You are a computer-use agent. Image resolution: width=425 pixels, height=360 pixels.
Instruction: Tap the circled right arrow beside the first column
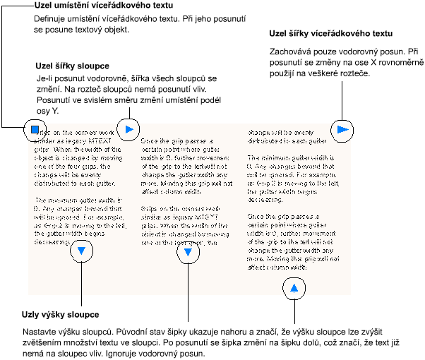click(x=128, y=129)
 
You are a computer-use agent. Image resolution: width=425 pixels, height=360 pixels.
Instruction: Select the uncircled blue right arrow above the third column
click(x=342, y=129)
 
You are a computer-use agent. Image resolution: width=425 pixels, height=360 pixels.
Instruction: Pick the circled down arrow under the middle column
click(x=188, y=252)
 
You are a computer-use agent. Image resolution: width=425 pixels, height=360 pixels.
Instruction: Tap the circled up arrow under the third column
click(x=294, y=287)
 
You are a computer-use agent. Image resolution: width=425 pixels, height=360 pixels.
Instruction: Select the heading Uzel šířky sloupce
click(x=70, y=66)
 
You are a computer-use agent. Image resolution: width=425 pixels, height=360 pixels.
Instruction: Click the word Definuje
click(x=51, y=18)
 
